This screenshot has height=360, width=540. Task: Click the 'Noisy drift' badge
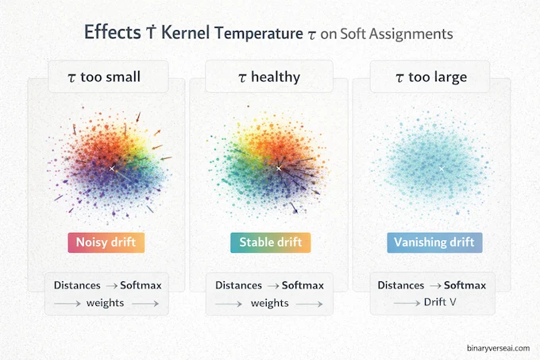[106, 242]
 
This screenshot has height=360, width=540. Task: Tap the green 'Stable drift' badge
[270, 242]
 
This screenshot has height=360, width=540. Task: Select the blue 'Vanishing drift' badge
[434, 242]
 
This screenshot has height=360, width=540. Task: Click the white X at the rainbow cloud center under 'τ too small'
[112, 168]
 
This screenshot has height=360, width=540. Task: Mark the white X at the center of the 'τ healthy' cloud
[278, 168]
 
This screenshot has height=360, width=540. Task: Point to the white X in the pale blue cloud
[440, 168]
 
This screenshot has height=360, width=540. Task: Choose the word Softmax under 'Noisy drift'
[143, 284]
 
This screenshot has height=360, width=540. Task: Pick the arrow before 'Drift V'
[407, 303]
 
